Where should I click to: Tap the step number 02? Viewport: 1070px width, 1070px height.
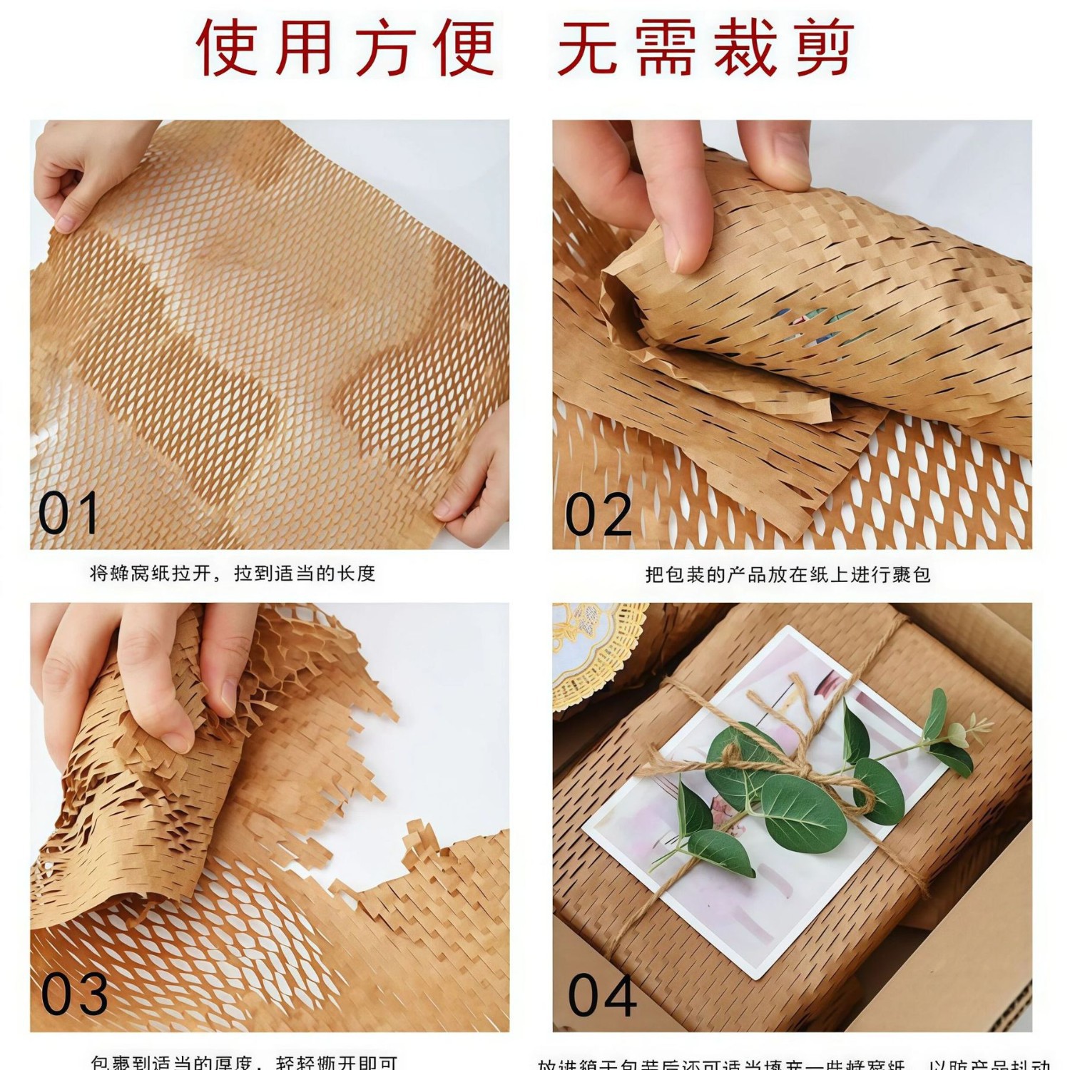pos(598,514)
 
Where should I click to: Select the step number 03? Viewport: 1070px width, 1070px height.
pos(73,994)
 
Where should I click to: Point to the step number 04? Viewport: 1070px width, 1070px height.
pos(602,996)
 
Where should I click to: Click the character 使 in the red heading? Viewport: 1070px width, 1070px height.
pos(226,47)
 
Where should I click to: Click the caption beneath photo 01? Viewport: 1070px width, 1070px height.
pos(233,574)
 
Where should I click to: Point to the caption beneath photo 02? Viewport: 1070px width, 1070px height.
pos(788,575)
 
